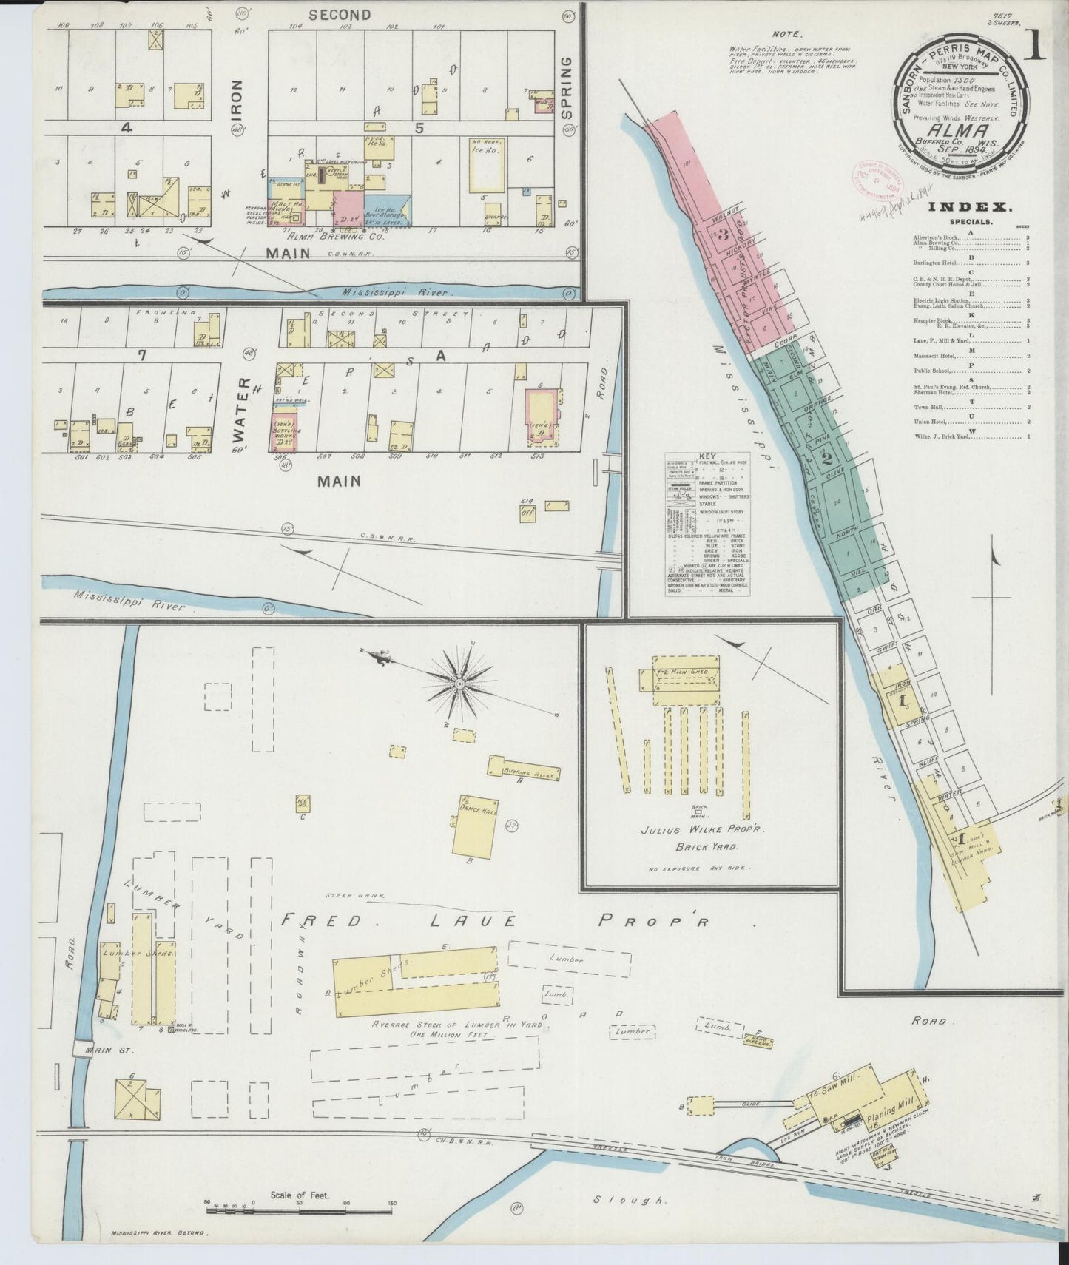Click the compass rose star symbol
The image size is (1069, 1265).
click(x=463, y=685)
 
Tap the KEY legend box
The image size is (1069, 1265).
click(x=708, y=524)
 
